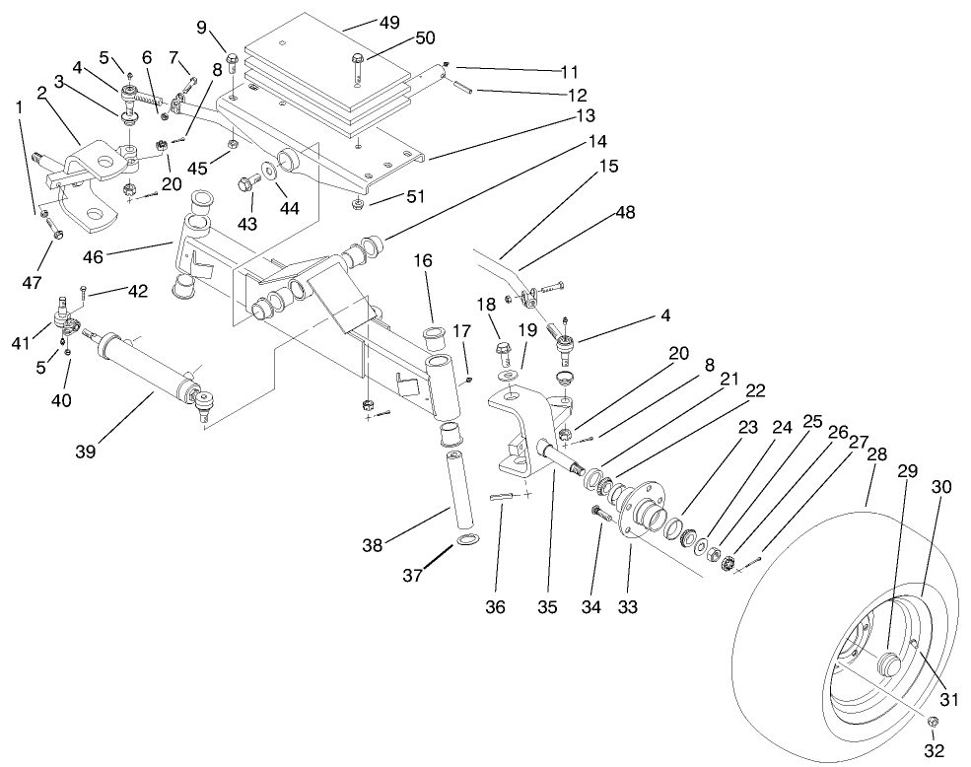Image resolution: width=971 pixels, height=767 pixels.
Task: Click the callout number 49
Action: tap(364, 22)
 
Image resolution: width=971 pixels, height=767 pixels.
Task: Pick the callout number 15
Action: tap(608, 166)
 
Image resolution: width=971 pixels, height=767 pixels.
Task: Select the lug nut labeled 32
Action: tap(933, 724)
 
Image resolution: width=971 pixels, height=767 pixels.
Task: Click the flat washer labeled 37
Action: tap(465, 540)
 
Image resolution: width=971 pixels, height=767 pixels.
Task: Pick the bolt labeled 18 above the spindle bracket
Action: tap(500, 351)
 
